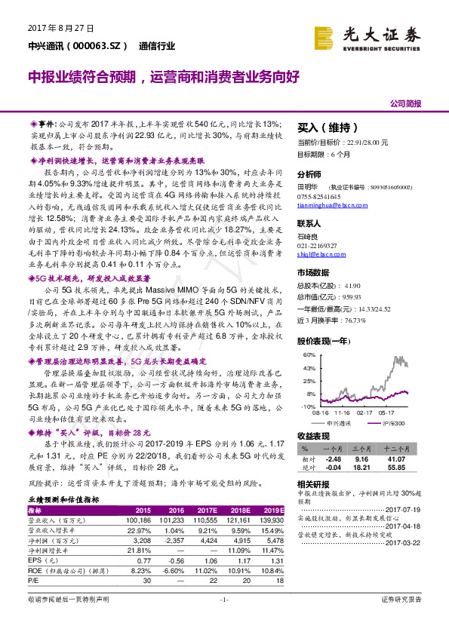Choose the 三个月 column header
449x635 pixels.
(360, 448)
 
